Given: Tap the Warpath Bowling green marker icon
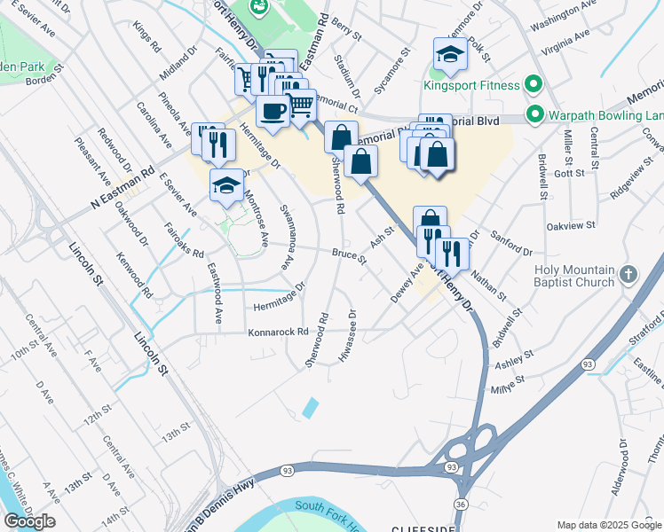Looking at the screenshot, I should click(534, 114).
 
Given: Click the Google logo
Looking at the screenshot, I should click(29, 521).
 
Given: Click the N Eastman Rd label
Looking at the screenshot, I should click(123, 190).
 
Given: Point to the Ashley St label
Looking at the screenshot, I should click(514, 359).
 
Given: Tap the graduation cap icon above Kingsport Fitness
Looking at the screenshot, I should click(450, 55).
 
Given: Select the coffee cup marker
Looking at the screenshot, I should click(273, 112).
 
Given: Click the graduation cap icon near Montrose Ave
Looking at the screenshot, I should click(226, 186).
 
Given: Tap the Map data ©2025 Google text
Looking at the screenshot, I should click(609, 524).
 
